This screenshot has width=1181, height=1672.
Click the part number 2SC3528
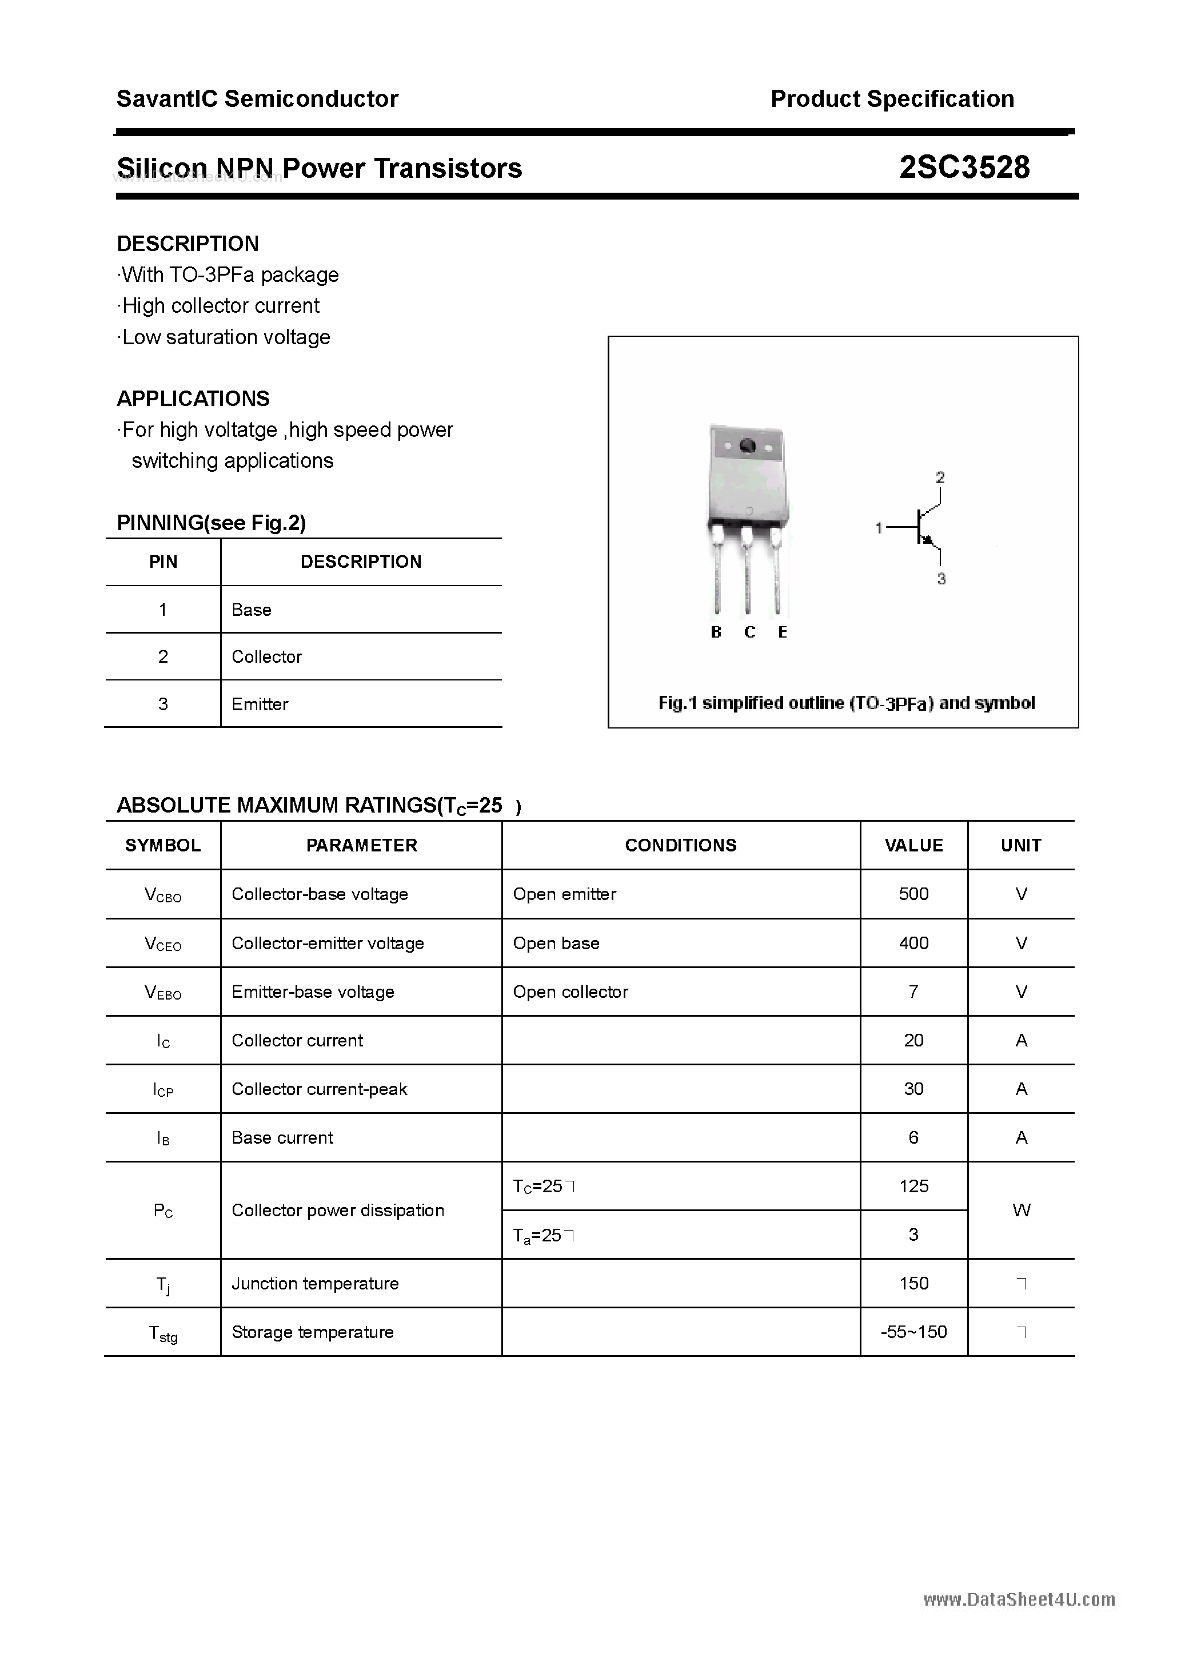tap(964, 168)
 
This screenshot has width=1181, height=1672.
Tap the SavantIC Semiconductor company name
tap(257, 99)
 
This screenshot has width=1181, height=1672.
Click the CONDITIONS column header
tap(680, 846)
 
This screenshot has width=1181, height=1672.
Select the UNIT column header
tap(1021, 846)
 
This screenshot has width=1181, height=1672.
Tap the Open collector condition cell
tap(570, 992)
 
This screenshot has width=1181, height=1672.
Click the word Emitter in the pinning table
tap(260, 704)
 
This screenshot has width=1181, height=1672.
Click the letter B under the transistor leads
tap(716, 632)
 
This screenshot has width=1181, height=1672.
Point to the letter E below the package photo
tap(783, 632)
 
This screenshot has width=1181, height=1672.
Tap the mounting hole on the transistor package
tap(747, 445)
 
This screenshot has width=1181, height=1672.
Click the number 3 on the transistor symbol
tap(941, 579)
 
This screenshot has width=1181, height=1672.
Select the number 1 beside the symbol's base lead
tap(879, 528)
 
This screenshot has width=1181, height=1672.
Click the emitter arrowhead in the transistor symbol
tap(928, 540)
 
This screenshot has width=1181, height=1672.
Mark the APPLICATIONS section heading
tap(193, 399)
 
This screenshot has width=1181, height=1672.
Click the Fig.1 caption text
tap(846, 703)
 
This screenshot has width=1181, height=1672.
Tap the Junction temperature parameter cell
tap(314, 1283)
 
